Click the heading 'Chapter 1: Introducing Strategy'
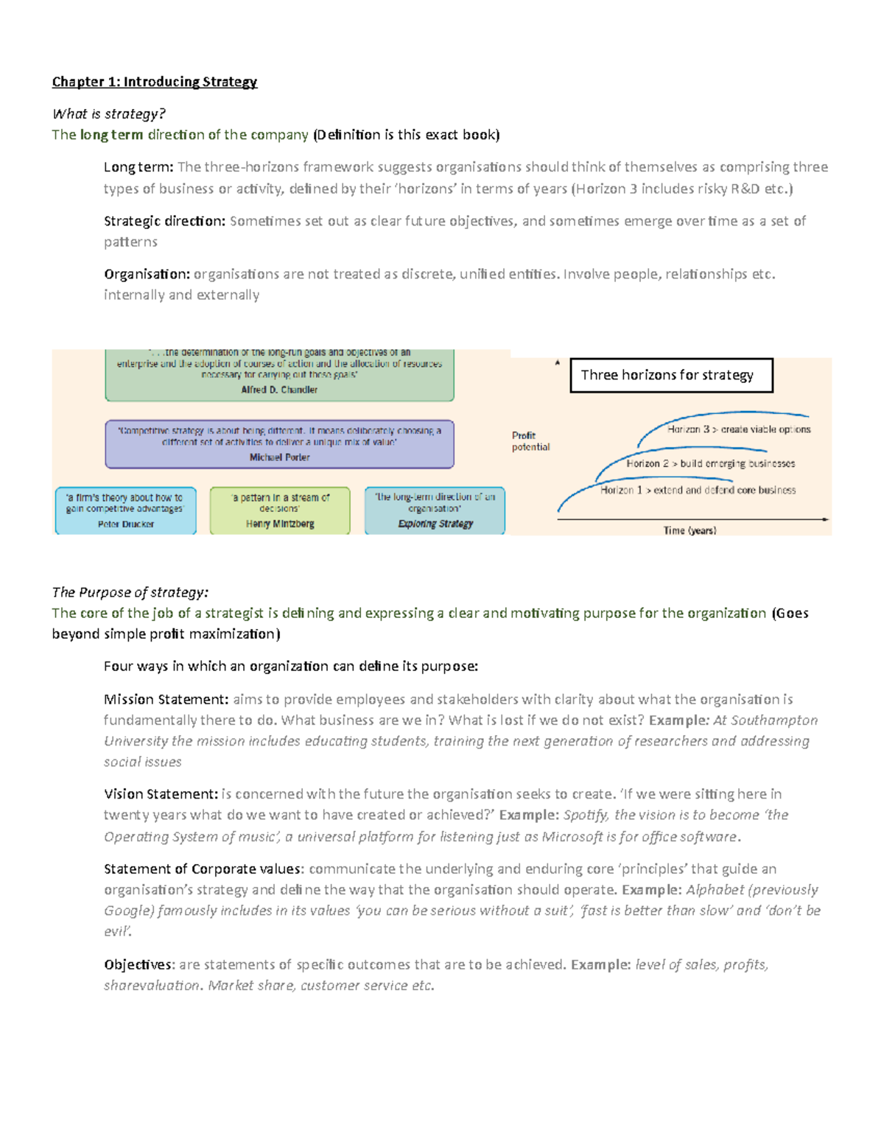click(x=154, y=82)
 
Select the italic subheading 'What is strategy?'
click(x=108, y=113)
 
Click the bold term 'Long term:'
click(x=138, y=167)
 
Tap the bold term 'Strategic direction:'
click(x=164, y=221)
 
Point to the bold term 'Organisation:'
click(x=147, y=274)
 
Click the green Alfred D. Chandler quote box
click(x=279, y=374)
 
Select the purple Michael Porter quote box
click(x=279, y=443)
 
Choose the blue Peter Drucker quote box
click(x=125, y=510)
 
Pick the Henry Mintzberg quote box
click(x=280, y=510)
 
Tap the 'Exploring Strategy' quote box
click(x=435, y=510)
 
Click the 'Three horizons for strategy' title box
click(x=671, y=375)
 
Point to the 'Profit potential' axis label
click(x=530, y=441)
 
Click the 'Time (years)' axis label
click(x=690, y=530)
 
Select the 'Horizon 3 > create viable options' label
click(x=738, y=429)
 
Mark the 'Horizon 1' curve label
click(x=697, y=490)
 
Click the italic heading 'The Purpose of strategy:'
click(x=130, y=592)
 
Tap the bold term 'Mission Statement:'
click(x=166, y=699)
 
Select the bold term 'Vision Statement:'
click(x=161, y=794)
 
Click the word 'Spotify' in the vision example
click(x=585, y=815)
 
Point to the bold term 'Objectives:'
click(x=139, y=964)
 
